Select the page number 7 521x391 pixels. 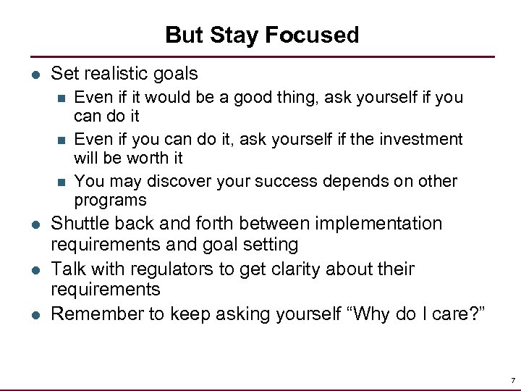512,380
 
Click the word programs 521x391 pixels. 110,200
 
